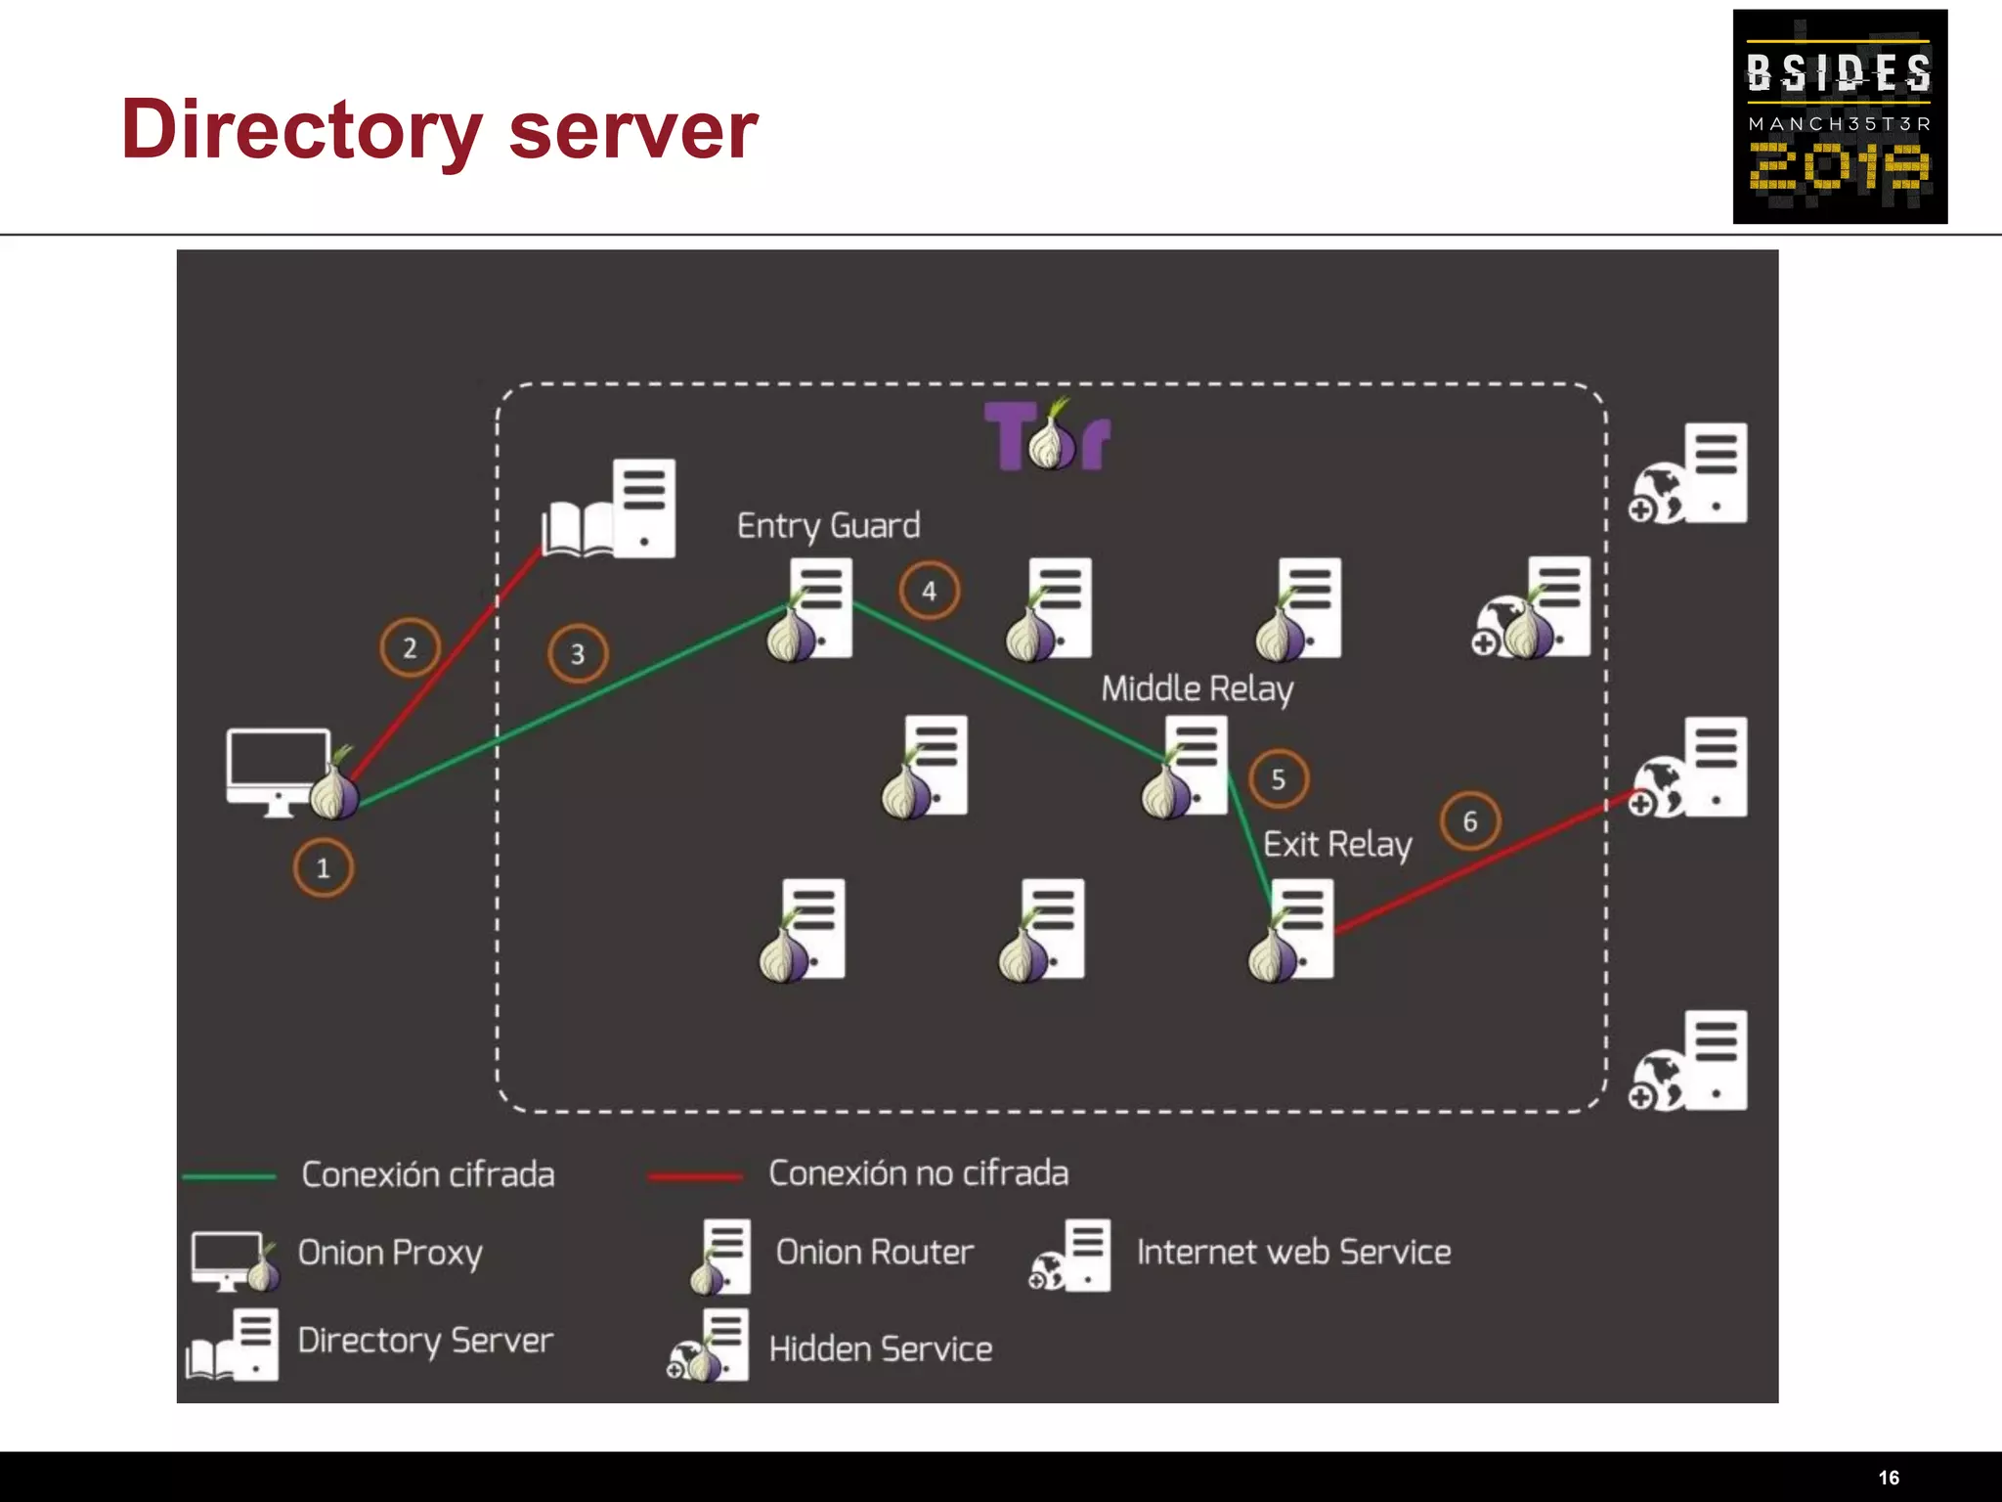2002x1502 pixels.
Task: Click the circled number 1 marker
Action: (x=323, y=867)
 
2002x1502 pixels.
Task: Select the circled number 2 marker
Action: (x=410, y=647)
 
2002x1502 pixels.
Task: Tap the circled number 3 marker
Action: (x=577, y=653)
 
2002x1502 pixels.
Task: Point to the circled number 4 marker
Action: (x=929, y=591)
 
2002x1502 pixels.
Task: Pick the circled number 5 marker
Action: (x=1278, y=779)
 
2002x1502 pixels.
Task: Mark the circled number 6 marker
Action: (x=1469, y=821)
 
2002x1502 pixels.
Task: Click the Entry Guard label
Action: (x=828, y=526)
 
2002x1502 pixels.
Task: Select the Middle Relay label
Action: (x=1197, y=688)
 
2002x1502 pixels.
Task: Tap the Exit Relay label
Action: (x=1336, y=844)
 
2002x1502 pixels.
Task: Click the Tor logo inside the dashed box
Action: (x=1047, y=436)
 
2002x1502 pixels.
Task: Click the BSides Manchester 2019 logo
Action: (x=1840, y=116)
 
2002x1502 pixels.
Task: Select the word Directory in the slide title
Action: (x=301, y=130)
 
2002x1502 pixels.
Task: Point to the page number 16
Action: (x=1889, y=1478)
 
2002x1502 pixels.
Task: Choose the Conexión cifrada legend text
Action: (x=427, y=1174)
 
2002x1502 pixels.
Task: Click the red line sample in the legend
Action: (x=695, y=1176)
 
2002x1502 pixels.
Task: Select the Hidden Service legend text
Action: (x=880, y=1349)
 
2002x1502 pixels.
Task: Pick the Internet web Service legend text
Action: (x=1292, y=1253)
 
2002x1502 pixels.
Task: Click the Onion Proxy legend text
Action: (x=390, y=1253)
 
